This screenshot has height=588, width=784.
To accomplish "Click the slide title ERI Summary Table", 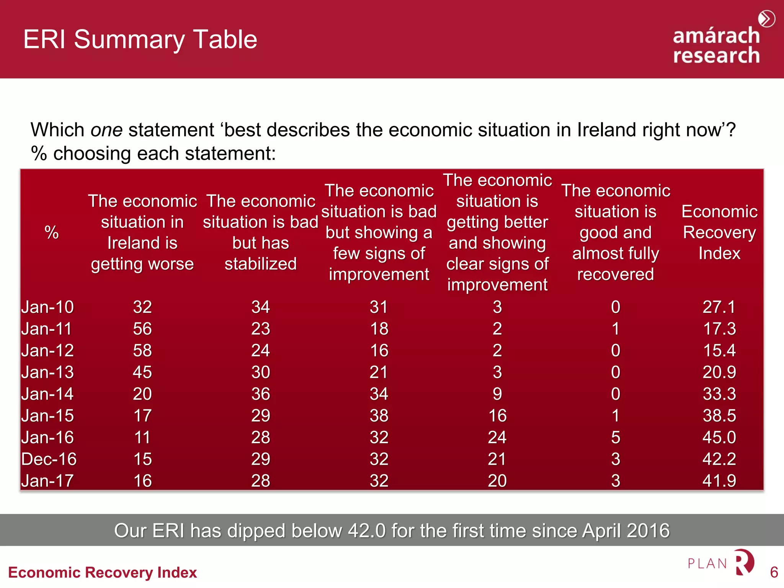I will click(140, 39).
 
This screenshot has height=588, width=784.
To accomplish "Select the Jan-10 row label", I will click(47, 307).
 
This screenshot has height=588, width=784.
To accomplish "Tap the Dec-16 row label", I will click(49, 459).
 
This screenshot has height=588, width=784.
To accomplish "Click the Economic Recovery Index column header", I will click(719, 232).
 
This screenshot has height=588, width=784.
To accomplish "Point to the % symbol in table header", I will click(52, 232).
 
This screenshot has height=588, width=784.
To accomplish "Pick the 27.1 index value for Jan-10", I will click(719, 307).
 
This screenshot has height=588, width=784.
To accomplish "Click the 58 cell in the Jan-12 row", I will click(142, 351).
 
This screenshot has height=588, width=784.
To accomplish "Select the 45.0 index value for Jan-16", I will click(719, 438).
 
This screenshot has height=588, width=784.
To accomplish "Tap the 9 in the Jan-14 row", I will click(497, 394).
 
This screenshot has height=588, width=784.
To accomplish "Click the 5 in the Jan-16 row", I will click(616, 438).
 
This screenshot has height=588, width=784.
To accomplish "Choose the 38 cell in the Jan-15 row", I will click(379, 416).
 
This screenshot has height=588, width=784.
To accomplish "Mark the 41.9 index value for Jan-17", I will click(719, 481).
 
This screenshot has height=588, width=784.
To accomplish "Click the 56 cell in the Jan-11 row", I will click(142, 329).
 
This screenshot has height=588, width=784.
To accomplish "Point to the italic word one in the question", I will click(106, 130).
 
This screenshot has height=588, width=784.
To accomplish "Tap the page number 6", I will click(774, 572).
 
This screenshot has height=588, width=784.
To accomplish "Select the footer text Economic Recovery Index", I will click(103, 573).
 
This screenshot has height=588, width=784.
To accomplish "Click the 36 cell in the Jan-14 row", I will click(261, 394).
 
